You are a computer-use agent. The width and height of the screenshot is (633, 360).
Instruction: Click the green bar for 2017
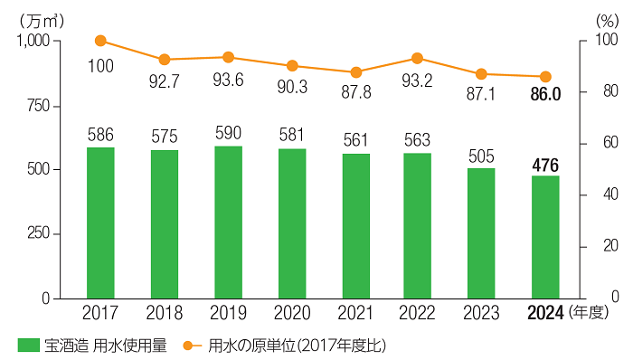100,223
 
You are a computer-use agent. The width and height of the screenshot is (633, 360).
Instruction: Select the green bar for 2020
291,223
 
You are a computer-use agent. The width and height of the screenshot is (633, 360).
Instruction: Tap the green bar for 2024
545,237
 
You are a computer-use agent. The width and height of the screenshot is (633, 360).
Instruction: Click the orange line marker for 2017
100,41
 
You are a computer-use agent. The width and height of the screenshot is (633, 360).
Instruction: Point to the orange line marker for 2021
355,72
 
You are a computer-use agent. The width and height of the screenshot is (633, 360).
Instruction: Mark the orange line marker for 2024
545,77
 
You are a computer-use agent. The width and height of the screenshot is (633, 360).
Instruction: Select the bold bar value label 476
545,164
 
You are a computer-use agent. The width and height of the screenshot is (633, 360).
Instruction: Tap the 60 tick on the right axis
596,144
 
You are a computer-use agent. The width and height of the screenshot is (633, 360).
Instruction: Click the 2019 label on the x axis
228,314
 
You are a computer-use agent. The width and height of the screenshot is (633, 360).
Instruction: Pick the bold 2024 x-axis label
545,314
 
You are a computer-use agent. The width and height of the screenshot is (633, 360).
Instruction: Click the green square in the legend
29,345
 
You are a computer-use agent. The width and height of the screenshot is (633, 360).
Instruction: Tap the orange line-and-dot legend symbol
191,345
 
